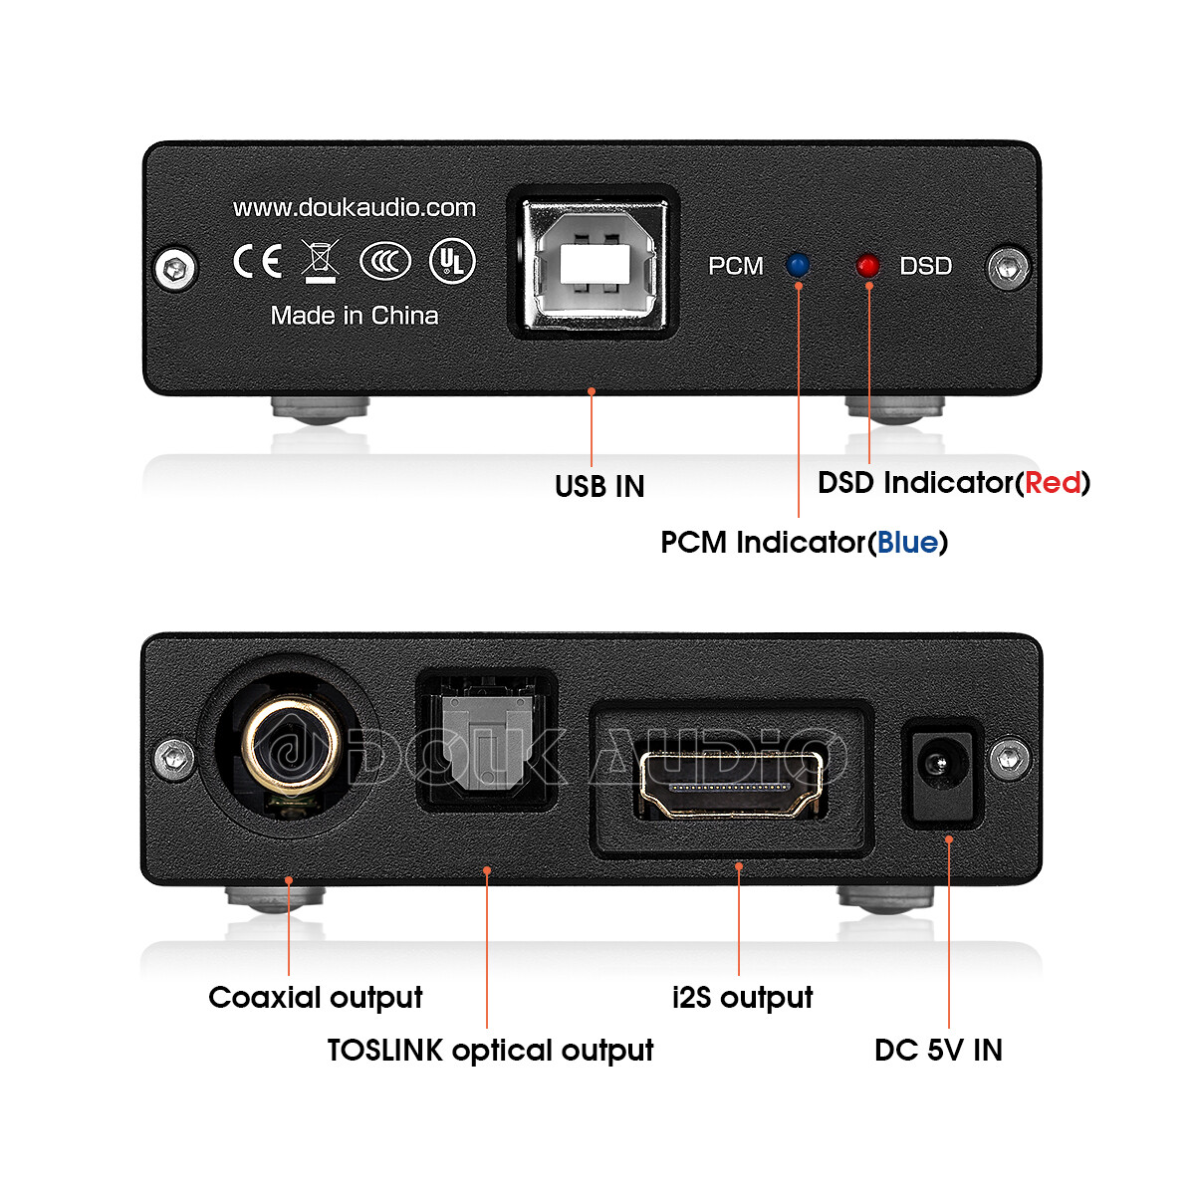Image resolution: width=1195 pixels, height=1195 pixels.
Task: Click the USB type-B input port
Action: click(x=594, y=263)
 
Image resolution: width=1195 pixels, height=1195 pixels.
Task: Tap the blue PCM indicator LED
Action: click(x=798, y=265)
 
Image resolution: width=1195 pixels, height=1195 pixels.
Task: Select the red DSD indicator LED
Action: click(x=867, y=266)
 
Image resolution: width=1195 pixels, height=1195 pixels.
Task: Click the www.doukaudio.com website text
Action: click(x=354, y=207)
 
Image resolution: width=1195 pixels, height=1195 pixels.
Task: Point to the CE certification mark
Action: click(x=257, y=261)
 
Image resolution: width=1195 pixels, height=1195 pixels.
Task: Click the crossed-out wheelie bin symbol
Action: click(x=321, y=261)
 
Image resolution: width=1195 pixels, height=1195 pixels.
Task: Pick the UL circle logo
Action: click(x=452, y=261)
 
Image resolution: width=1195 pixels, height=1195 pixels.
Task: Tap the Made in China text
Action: click(x=354, y=316)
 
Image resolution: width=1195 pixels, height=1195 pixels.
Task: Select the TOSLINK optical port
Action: click(x=486, y=742)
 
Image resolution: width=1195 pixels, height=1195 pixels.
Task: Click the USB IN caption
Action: click(x=599, y=486)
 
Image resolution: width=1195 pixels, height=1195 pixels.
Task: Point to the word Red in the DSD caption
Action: click(x=1053, y=483)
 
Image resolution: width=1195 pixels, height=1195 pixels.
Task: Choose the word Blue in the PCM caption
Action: click(x=907, y=543)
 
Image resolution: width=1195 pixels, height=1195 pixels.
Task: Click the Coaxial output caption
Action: click(x=315, y=997)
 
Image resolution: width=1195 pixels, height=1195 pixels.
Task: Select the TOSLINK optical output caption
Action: click(x=490, y=1050)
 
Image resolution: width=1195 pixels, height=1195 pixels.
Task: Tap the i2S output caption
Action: click(x=742, y=997)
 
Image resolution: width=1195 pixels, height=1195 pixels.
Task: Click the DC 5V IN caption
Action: click(x=938, y=1050)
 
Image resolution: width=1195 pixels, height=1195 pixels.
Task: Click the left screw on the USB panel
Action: click(x=176, y=267)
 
